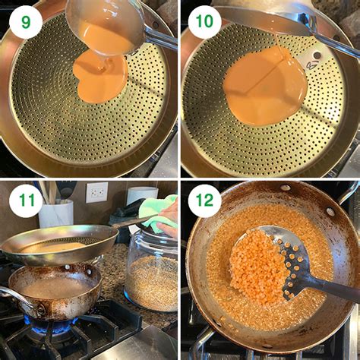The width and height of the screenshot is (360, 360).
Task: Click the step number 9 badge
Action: (x=26, y=22)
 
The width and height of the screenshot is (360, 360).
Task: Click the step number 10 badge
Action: (x=204, y=22)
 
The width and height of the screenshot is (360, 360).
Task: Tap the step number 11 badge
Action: (x=26, y=201)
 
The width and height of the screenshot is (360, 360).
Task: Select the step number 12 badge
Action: (x=204, y=201)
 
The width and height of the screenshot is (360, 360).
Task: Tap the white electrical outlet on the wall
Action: (x=96, y=192)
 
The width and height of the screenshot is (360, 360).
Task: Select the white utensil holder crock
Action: (x=56, y=213)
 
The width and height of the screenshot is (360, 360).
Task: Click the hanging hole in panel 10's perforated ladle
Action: (x=316, y=55)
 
